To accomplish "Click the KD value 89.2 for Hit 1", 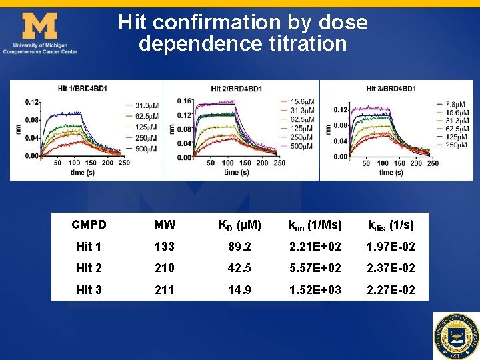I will [240, 247].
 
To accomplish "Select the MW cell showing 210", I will [165, 269].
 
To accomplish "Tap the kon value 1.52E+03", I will [315, 290].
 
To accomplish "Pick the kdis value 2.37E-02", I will [391, 269].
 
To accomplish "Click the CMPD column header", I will [89, 225].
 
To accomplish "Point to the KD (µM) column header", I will [240, 225].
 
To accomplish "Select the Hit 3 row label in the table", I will [89, 290].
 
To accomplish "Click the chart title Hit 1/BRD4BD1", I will [82, 88].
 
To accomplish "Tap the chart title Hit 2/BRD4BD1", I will [236, 89].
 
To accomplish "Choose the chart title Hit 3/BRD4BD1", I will [391, 89].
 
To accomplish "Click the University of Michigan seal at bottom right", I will [455, 335].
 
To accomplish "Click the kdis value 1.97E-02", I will [391, 247].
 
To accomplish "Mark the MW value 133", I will [165, 247].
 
